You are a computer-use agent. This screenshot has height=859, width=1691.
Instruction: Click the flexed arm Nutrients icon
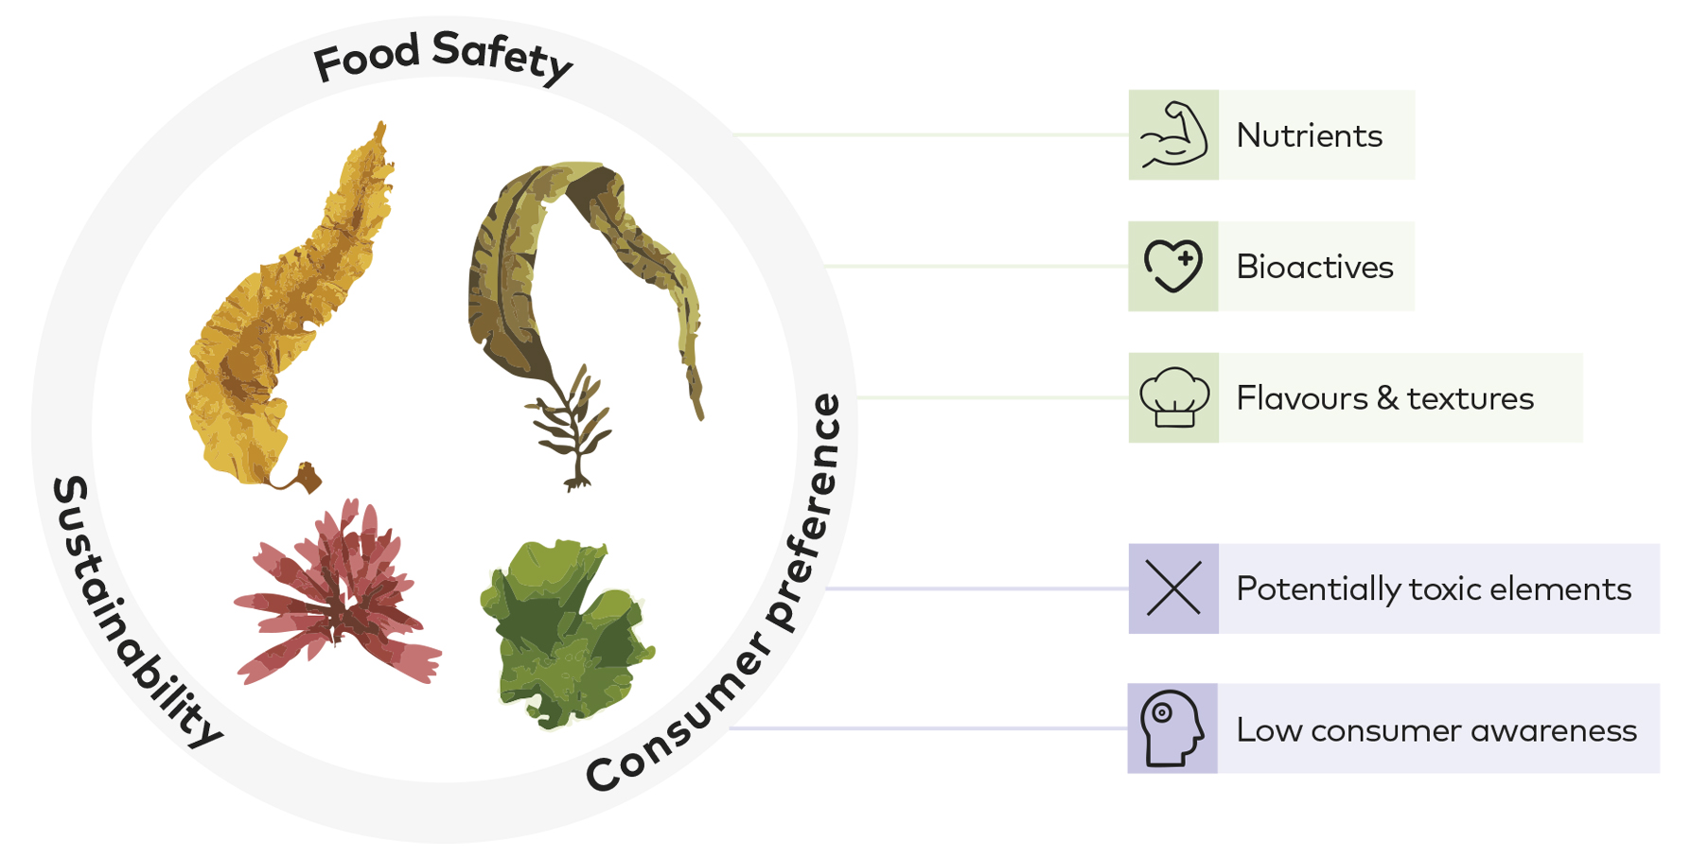click(1173, 135)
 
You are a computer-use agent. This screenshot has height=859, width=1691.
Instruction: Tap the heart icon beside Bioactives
click(1173, 266)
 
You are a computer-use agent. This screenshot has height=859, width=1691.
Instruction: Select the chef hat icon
click(1174, 397)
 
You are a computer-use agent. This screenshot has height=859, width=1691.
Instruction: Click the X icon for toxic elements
click(1173, 588)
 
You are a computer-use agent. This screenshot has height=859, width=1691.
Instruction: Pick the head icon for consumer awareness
click(1172, 728)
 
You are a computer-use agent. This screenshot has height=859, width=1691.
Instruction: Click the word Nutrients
click(1310, 136)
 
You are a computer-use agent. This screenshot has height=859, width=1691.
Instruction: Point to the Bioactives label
click(1315, 267)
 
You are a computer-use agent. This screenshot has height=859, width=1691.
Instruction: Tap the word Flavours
click(1302, 398)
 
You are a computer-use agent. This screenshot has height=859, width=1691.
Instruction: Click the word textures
click(1471, 399)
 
